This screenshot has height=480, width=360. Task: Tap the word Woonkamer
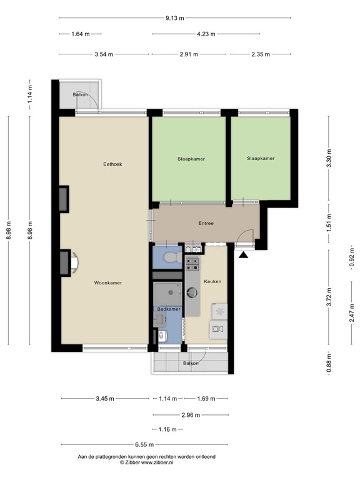[x=107, y=283]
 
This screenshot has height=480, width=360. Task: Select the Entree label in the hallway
[x=206, y=223]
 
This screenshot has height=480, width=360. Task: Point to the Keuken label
[x=212, y=281]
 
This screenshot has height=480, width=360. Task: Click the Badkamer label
[x=169, y=309]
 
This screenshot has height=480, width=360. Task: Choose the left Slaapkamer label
[x=191, y=159]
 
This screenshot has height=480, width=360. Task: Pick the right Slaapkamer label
[x=261, y=159]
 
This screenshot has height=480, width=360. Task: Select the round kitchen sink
[x=192, y=291]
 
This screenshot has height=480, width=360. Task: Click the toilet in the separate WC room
[x=169, y=257]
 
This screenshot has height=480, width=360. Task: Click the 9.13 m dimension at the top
[x=175, y=18]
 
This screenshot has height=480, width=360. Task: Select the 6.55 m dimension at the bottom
[x=144, y=444]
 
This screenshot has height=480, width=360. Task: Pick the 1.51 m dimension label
[x=330, y=222]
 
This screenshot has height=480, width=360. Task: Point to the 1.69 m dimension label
[x=206, y=398]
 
